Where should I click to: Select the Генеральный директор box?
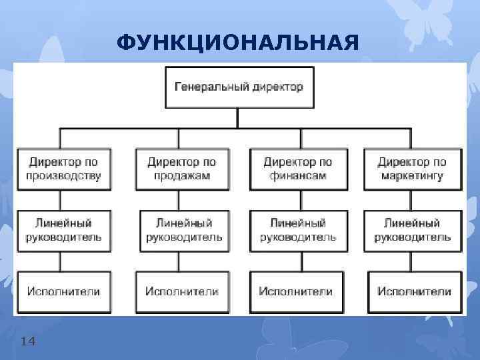238,87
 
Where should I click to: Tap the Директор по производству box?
64,169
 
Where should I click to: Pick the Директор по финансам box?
297,169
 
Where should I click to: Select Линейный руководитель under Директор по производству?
64,230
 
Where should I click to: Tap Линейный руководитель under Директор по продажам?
184,230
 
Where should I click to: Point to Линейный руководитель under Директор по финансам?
298,230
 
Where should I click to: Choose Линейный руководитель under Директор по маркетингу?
412,230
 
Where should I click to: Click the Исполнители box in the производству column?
64,291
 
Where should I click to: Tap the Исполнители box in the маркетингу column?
413,291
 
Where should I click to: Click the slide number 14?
28,341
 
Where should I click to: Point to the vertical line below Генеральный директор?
238,117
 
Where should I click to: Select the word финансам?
297,177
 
